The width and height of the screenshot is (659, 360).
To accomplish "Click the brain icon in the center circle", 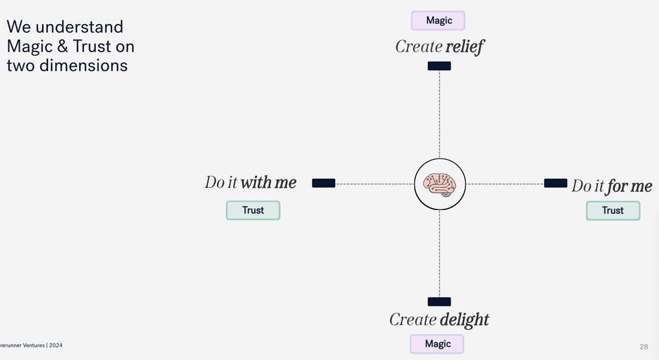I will coord(440,184).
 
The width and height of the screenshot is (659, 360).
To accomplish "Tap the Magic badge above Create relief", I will coord(438,20).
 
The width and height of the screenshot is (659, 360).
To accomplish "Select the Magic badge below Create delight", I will coord(437,344).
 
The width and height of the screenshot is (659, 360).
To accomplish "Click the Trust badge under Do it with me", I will coord(253,210).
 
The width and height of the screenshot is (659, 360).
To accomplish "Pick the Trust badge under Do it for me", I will coord(613,210).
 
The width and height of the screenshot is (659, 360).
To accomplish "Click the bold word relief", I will coord(465,47).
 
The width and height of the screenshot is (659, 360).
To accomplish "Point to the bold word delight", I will coord(464,319).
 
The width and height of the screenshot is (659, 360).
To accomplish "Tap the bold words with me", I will coord(268,182).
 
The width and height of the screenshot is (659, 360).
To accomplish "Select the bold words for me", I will coord(629,186).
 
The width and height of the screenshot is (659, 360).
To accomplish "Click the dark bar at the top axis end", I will coord(439,66).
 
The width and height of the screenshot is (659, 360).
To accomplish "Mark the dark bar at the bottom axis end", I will coord(439,302).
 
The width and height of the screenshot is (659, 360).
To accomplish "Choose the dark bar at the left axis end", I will coord(324,183).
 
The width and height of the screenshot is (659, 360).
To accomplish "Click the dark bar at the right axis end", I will coord(555,183).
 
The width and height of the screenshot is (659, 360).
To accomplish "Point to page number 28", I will coord(644,347).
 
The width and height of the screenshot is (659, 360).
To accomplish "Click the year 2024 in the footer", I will coord(56,346).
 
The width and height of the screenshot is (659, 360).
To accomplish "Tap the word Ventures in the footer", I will coord(31,346).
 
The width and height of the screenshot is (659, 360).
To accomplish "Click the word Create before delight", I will coord(413,319).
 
